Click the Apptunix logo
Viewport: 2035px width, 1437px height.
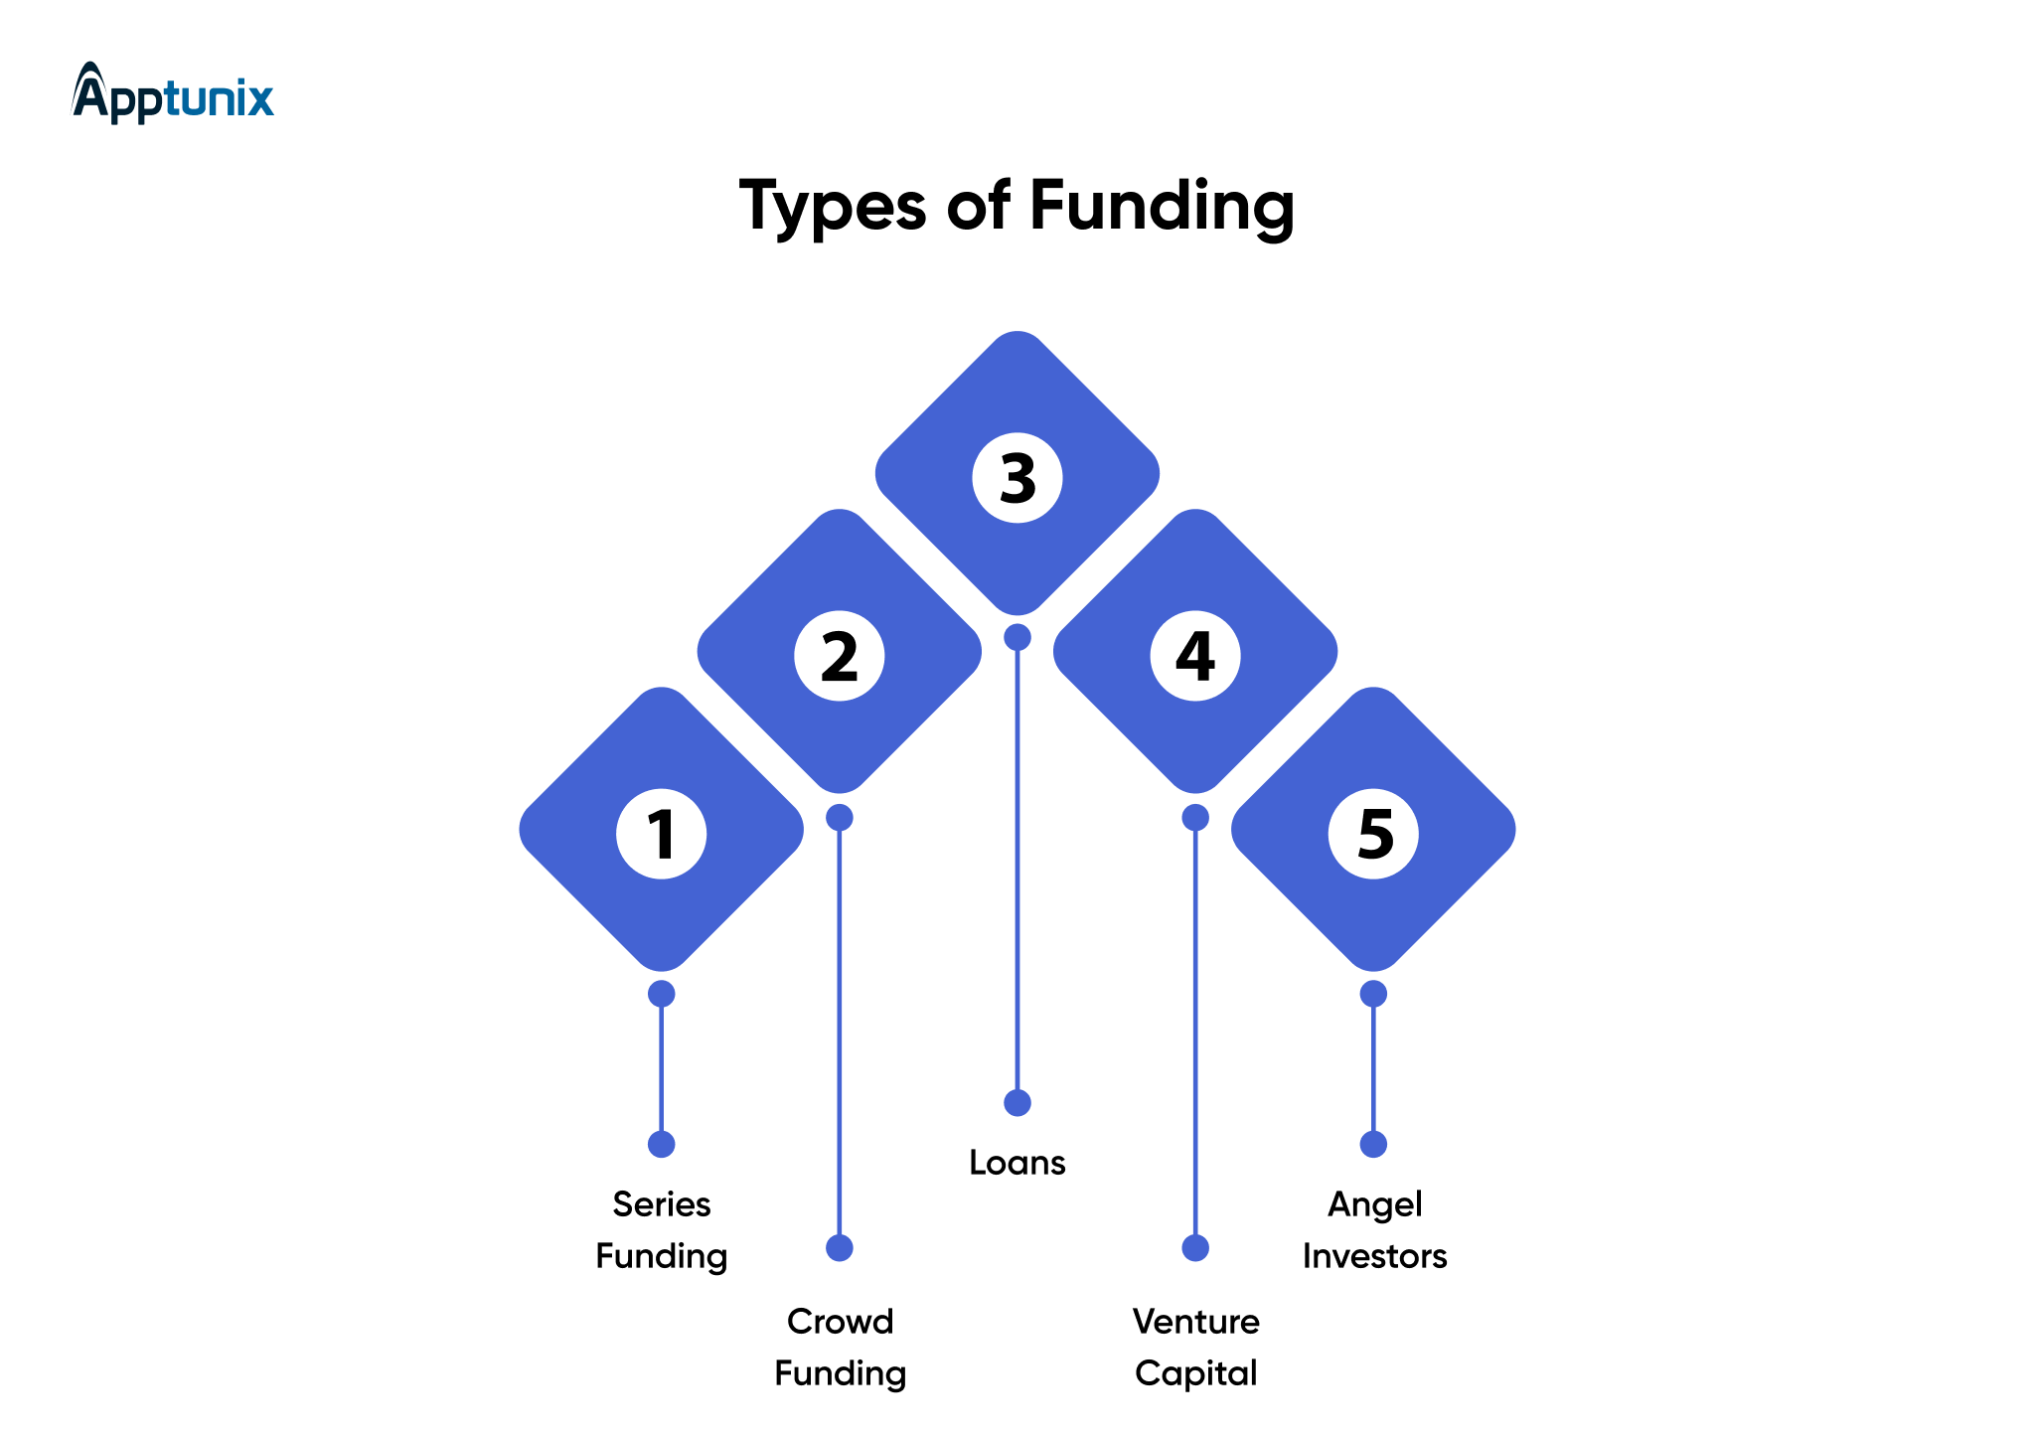[173, 93]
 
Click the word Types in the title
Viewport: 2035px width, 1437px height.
[833, 207]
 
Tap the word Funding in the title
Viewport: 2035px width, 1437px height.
[1162, 207]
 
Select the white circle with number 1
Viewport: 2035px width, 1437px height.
[661, 833]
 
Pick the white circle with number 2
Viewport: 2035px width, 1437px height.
[840, 656]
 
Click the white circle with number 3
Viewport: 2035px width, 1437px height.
[1017, 478]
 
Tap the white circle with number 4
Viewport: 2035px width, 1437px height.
[1195, 656]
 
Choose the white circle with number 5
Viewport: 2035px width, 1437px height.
[1373, 833]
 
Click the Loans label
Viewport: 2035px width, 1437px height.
[1017, 1163]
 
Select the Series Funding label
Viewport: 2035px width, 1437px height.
[661, 1230]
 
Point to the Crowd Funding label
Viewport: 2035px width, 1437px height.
[840, 1348]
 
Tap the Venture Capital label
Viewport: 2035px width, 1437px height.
[1195, 1348]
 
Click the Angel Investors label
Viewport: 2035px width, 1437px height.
[1374, 1230]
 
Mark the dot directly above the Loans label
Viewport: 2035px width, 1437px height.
[1017, 1103]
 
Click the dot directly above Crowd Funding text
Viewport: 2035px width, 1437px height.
[840, 1248]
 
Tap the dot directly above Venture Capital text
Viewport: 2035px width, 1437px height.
[1195, 1248]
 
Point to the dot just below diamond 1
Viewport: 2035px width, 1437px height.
[661, 994]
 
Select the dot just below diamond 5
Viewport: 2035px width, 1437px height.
[1373, 994]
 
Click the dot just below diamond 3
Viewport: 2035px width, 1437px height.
[1017, 637]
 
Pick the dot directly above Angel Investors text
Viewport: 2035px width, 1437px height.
[1373, 1145]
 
